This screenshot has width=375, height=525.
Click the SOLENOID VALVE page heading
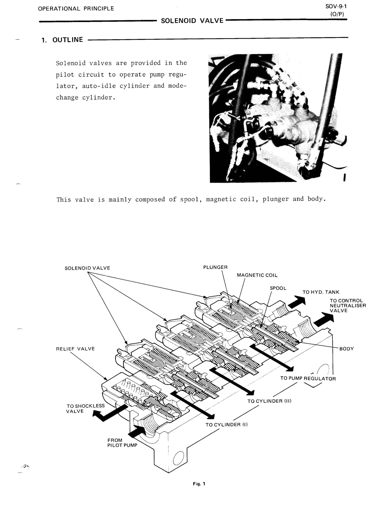click(192, 21)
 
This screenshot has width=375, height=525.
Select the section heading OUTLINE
click(67, 40)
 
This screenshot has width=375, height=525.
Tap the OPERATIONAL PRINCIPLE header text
click(76, 9)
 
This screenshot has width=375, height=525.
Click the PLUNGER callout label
click(215, 267)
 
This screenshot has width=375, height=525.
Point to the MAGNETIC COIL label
click(257, 275)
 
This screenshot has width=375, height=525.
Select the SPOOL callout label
click(278, 288)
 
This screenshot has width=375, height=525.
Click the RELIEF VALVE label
click(75, 349)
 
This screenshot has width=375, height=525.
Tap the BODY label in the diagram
click(346, 349)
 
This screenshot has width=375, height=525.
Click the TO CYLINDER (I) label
click(227, 425)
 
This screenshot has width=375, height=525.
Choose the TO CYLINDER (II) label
click(269, 401)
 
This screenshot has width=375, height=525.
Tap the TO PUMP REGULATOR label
click(308, 378)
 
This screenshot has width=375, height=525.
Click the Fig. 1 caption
click(199, 484)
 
